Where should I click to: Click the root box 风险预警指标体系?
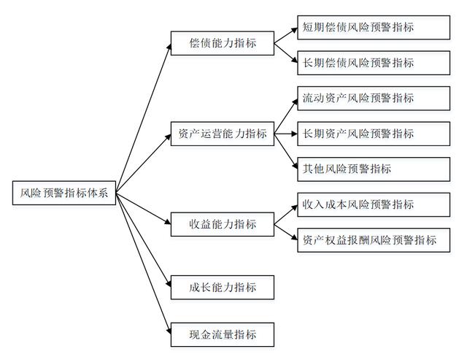pos(64,193)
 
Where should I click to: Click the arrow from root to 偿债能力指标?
pos(142,117)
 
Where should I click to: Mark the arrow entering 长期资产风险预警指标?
pos(286,134)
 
